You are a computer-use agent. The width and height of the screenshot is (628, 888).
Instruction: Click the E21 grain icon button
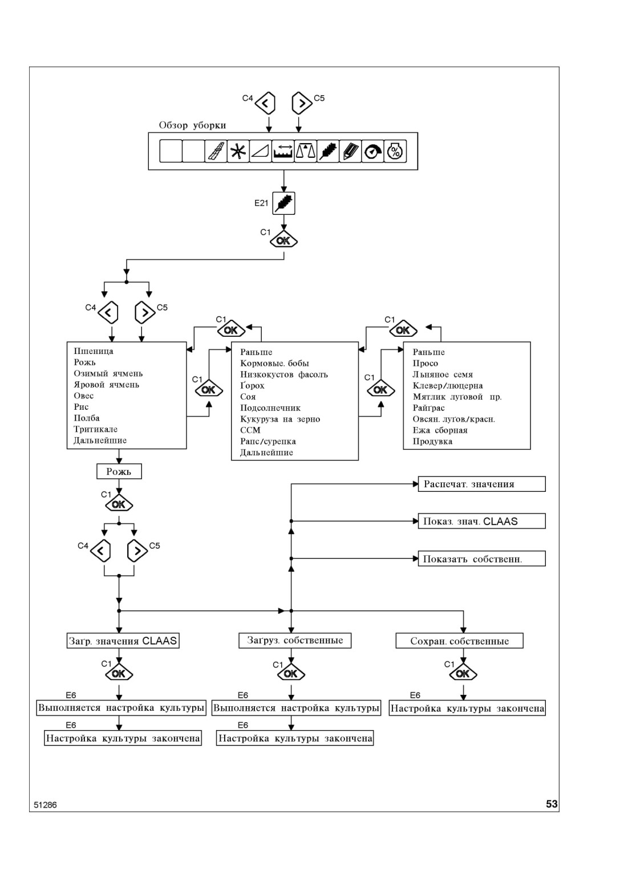click(x=283, y=203)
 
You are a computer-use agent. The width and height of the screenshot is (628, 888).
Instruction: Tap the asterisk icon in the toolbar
click(x=238, y=151)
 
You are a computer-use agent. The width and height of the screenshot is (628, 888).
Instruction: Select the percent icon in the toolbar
click(x=395, y=151)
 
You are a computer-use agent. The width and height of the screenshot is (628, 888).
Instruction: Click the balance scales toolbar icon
click(x=306, y=151)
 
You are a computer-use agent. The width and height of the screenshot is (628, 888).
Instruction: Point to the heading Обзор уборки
click(x=192, y=125)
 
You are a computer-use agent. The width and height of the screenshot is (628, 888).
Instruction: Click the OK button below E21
click(x=283, y=241)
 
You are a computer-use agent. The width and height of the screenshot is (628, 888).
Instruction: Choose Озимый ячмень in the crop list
click(x=108, y=373)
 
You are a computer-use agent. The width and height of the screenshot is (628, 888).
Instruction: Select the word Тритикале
click(x=96, y=429)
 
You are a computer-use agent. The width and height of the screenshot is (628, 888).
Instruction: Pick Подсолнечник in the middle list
click(x=270, y=408)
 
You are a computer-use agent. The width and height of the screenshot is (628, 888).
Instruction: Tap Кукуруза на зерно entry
click(x=280, y=419)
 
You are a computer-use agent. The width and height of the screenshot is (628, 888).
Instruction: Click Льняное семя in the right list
click(x=443, y=374)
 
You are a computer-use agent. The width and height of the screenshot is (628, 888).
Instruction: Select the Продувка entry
click(x=432, y=441)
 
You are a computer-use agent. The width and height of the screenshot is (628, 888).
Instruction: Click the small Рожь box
click(x=119, y=471)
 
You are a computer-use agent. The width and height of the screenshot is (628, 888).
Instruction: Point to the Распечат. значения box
click(x=481, y=484)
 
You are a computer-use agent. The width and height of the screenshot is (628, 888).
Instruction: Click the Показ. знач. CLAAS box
click(x=481, y=522)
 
